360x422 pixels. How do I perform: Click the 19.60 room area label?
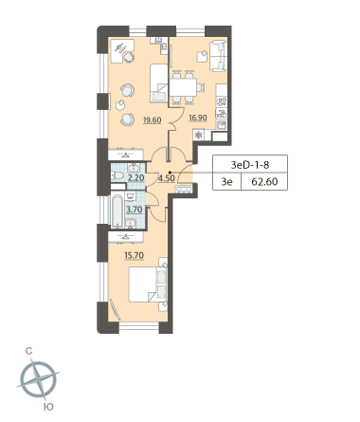click(x=152, y=119)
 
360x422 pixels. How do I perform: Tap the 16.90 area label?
click(x=198, y=118)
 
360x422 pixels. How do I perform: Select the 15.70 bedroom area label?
click(x=135, y=255)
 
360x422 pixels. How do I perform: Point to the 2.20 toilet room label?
click(x=135, y=177)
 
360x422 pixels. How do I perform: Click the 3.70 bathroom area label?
click(x=135, y=210)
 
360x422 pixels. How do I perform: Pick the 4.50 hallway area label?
click(x=167, y=178)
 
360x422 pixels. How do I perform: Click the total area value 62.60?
click(x=264, y=182)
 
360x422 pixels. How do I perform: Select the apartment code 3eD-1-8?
click(x=250, y=165)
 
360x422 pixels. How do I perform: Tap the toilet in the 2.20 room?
click(x=117, y=175)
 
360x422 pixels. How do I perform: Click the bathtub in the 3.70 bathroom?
click(x=117, y=211)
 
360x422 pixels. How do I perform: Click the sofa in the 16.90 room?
click(x=219, y=56)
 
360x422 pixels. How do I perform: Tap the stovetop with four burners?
click(x=222, y=101)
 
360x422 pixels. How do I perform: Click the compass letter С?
click(x=29, y=351)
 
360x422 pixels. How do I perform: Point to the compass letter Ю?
click(x=48, y=407)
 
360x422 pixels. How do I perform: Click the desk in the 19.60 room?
click(x=122, y=50)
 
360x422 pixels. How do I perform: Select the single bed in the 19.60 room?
click(x=158, y=83)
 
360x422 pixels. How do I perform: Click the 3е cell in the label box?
click(x=226, y=182)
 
